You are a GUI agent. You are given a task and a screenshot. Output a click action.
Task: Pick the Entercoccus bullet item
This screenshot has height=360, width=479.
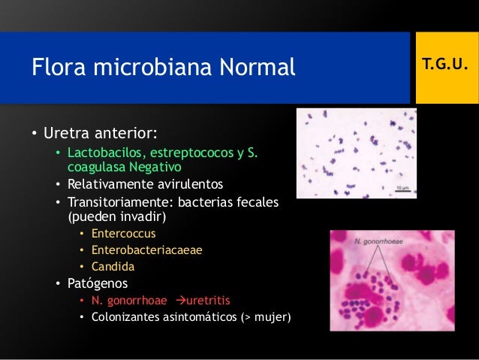click(x=124, y=234)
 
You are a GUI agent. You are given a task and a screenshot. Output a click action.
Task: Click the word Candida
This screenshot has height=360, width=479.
click(x=113, y=266)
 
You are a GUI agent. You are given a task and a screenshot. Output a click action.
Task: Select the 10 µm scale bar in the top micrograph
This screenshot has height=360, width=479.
click(x=403, y=187)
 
